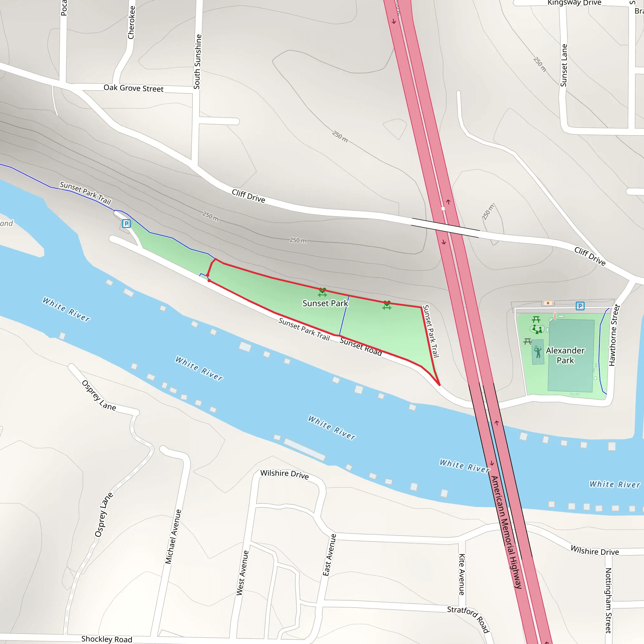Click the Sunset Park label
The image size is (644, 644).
[325, 303]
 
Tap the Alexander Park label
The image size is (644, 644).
[565, 355]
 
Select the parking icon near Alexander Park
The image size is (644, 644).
[580, 306]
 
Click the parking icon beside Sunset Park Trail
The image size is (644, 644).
[126, 223]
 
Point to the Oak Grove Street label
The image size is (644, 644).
[133, 88]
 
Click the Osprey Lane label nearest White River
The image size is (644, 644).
[99, 395]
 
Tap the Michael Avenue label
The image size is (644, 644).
[173, 536]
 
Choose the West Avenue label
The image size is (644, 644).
[242, 573]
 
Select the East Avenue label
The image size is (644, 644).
[329, 555]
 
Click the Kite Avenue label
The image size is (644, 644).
[462, 574]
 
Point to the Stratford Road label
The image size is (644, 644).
[469, 619]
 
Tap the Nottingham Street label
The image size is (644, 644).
[608, 600]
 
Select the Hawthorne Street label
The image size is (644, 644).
[614, 335]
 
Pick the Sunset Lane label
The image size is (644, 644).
[564, 65]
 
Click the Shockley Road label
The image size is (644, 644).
[107, 639]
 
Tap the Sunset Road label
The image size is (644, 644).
[361, 347]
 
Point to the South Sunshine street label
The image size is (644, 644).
[197, 62]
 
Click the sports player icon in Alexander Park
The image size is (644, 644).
[538, 352]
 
